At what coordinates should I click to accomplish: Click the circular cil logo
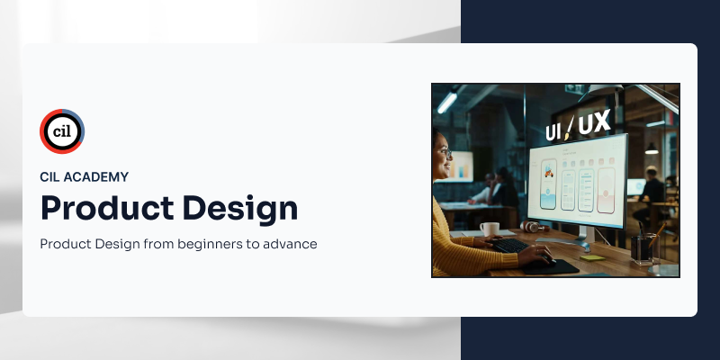[62, 131]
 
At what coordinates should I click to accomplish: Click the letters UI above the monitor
[555, 131]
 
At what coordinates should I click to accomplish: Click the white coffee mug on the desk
[489, 230]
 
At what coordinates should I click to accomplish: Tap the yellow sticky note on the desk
[590, 257]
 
